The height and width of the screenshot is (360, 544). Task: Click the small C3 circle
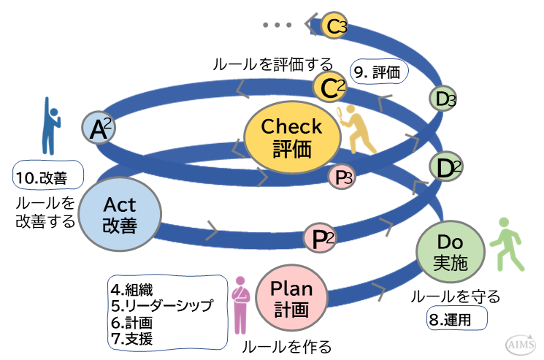[x=334, y=26]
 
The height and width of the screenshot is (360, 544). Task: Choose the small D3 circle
[x=441, y=97]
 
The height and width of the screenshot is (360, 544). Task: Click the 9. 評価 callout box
[x=379, y=72]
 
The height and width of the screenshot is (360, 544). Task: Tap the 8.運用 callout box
[x=457, y=318]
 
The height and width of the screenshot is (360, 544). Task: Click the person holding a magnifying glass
[x=353, y=129]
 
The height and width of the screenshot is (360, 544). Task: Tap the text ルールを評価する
[x=272, y=64]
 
